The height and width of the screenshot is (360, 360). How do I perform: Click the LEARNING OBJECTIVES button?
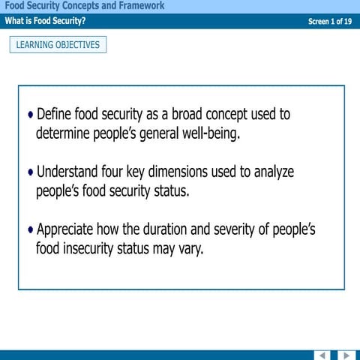[58, 45]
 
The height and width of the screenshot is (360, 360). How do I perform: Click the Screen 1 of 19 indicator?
[330, 22]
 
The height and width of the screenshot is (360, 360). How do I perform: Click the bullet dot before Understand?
[31, 172]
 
